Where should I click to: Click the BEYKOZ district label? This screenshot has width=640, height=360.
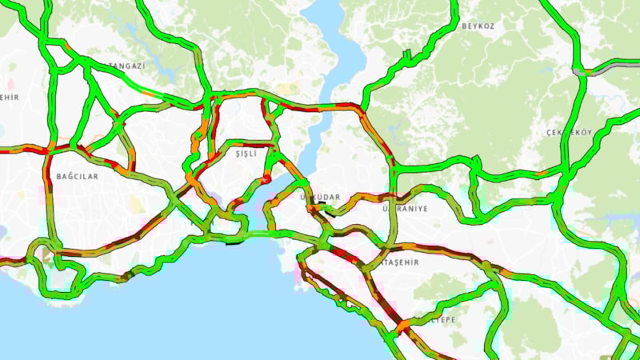tap(478, 26)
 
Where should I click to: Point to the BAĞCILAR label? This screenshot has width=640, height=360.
tap(78, 175)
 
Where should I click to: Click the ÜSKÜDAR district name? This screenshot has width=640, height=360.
tap(319, 197)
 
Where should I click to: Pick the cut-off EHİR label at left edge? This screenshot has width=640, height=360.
tap(10, 98)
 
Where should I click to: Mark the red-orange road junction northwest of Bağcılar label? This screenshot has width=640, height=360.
tap(50, 148)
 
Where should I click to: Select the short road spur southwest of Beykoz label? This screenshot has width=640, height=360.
tap(406, 56)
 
